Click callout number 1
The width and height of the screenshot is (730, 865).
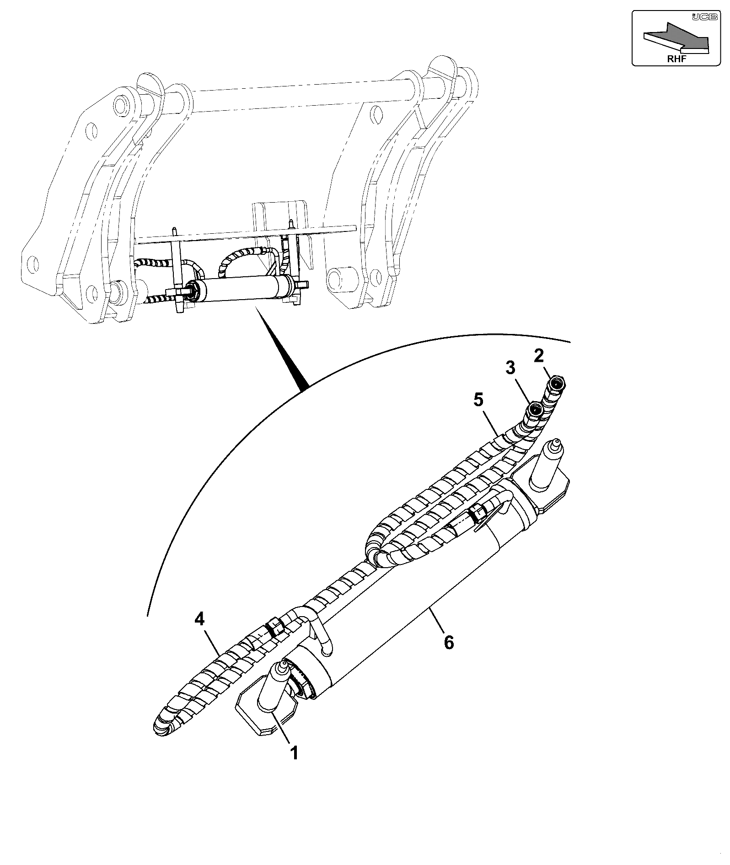click(295, 752)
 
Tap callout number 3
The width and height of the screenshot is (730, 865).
click(510, 367)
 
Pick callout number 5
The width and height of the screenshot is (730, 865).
click(478, 400)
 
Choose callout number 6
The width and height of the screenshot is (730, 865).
click(449, 642)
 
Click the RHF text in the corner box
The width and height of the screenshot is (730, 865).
click(676, 58)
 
